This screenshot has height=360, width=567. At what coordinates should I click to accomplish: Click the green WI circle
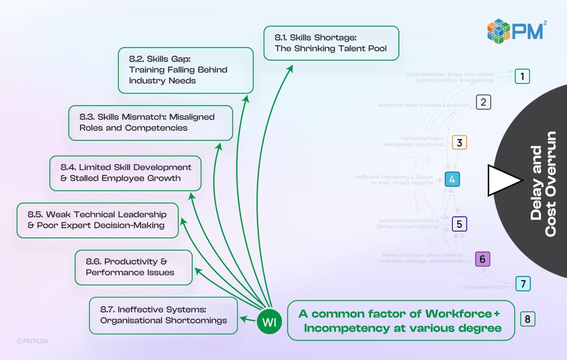pyautogui.click(x=269, y=322)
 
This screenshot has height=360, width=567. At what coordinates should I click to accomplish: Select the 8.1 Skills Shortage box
pyautogui.click(x=331, y=43)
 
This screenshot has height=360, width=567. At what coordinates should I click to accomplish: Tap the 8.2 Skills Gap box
pyautogui.click(x=186, y=70)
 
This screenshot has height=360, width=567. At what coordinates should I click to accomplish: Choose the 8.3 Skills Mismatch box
pyautogui.click(x=150, y=123)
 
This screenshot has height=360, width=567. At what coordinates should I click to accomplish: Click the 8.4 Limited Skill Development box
pyautogui.click(x=125, y=173)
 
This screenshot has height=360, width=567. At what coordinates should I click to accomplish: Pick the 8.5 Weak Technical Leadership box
pyautogui.click(x=97, y=220)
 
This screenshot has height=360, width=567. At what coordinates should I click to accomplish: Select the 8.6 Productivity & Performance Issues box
pyautogui.click(x=133, y=267)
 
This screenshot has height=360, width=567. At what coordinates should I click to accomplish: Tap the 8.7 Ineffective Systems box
pyautogui.click(x=163, y=315)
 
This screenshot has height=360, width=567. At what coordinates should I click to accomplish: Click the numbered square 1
pyautogui.click(x=522, y=76)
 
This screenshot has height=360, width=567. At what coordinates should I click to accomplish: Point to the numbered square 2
pyautogui.click(x=483, y=102)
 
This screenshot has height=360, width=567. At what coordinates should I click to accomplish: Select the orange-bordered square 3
pyautogui.click(x=459, y=142)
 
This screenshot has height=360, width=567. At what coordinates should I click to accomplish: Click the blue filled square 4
pyautogui.click(x=452, y=179)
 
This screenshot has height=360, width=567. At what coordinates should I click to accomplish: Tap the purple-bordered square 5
pyautogui.click(x=459, y=224)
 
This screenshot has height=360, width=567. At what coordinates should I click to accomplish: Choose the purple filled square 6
pyautogui.click(x=482, y=259)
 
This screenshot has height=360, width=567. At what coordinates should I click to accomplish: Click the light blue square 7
pyautogui.click(x=523, y=283)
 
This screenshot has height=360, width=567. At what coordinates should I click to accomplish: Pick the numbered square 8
pyautogui.click(x=527, y=319)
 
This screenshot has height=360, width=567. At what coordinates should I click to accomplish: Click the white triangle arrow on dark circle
pyautogui.click(x=502, y=180)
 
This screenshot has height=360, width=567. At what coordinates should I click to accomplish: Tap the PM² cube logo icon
pyautogui.click(x=498, y=31)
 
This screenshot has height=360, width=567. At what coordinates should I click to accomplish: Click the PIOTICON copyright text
pyautogui.click(x=32, y=341)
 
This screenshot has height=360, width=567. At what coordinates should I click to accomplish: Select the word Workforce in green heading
pyautogui.click(x=458, y=314)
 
